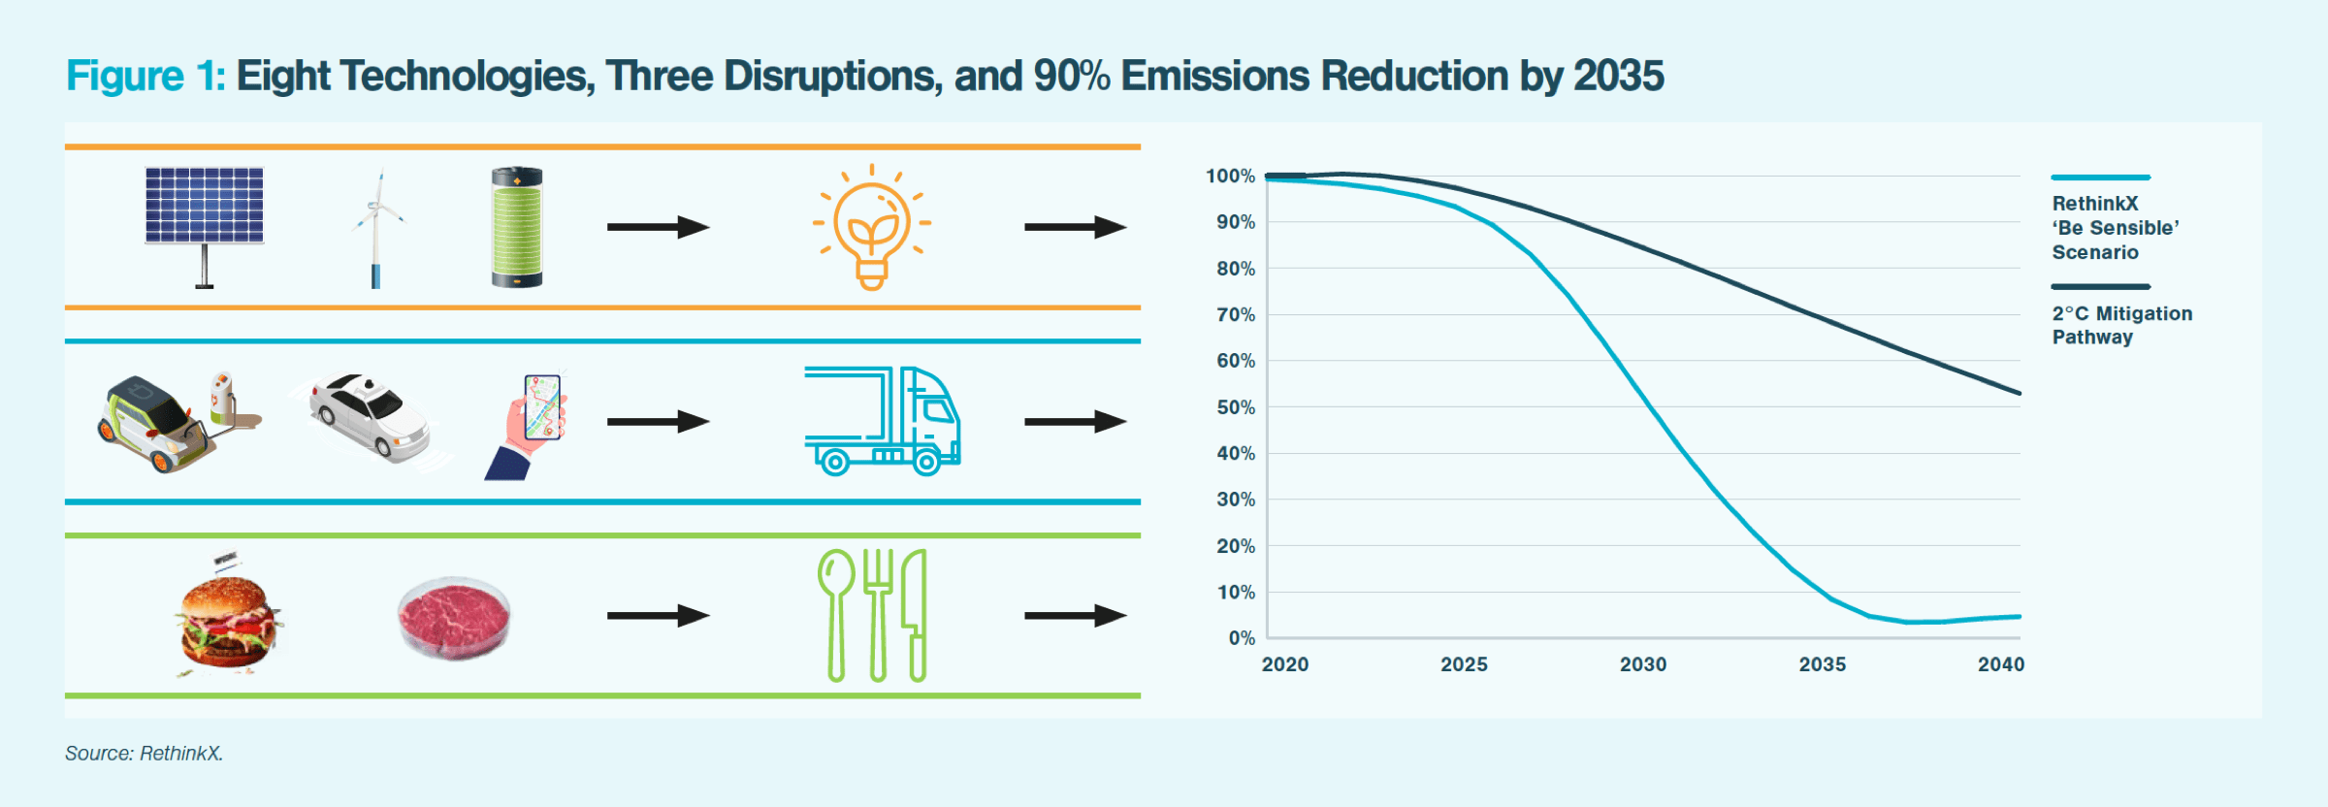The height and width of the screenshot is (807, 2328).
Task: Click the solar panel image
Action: pos(204,218)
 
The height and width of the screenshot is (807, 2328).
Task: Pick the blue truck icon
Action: pos(882,421)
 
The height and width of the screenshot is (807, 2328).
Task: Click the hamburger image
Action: pos(229,621)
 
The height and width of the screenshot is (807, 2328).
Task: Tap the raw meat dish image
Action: pos(454,619)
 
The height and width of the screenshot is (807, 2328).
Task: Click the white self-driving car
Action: pos(371,417)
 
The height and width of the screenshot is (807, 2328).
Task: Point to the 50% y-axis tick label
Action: pos(1236,407)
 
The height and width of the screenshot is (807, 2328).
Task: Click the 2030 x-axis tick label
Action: pos(1642,664)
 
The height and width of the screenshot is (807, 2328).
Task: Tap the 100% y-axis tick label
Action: pos(1230,177)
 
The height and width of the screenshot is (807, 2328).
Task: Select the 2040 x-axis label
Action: pos(2001,664)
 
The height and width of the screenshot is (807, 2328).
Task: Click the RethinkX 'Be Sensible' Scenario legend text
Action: pos(2115,228)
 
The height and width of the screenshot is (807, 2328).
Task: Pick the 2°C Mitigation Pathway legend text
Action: pos(2121,325)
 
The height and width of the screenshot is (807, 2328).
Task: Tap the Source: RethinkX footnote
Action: pos(144,754)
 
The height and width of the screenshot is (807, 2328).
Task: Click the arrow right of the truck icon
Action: pos(1075,421)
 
